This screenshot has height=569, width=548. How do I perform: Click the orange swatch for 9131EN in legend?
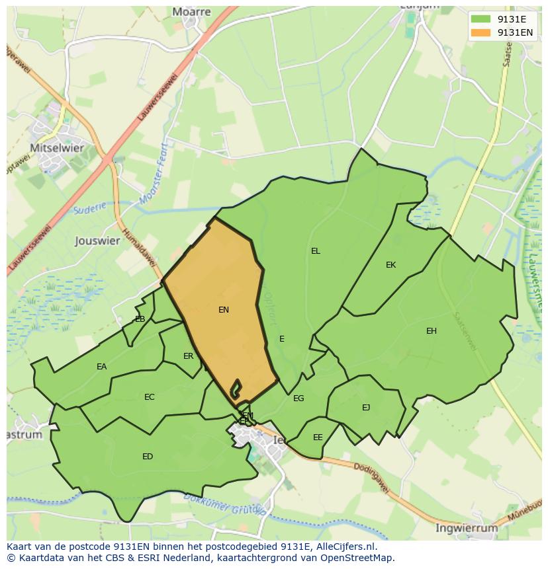point(482,32)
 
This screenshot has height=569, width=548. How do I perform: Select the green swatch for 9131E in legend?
point(482,19)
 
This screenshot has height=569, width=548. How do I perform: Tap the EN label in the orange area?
point(224,309)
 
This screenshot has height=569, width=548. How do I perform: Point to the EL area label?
point(316,251)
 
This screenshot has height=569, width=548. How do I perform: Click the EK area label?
point(390,265)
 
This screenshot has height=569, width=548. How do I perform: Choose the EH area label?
point(432,331)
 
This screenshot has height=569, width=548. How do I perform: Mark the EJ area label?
point(366,408)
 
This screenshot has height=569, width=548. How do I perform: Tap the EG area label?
point(298,398)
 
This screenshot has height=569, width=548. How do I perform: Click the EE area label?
point(318,437)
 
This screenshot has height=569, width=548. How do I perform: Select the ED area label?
point(148,457)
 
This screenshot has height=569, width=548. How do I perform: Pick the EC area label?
point(150,397)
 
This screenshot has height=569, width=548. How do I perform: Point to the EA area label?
point(102,367)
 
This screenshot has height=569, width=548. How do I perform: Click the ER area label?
point(189,356)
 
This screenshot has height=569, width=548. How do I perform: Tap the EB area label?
point(140,319)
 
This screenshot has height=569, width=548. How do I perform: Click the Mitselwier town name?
point(57,148)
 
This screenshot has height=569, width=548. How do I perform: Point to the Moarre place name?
point(191,12)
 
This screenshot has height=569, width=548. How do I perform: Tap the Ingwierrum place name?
point(466,528)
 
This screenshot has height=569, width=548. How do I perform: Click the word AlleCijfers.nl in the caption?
point(344,547)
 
